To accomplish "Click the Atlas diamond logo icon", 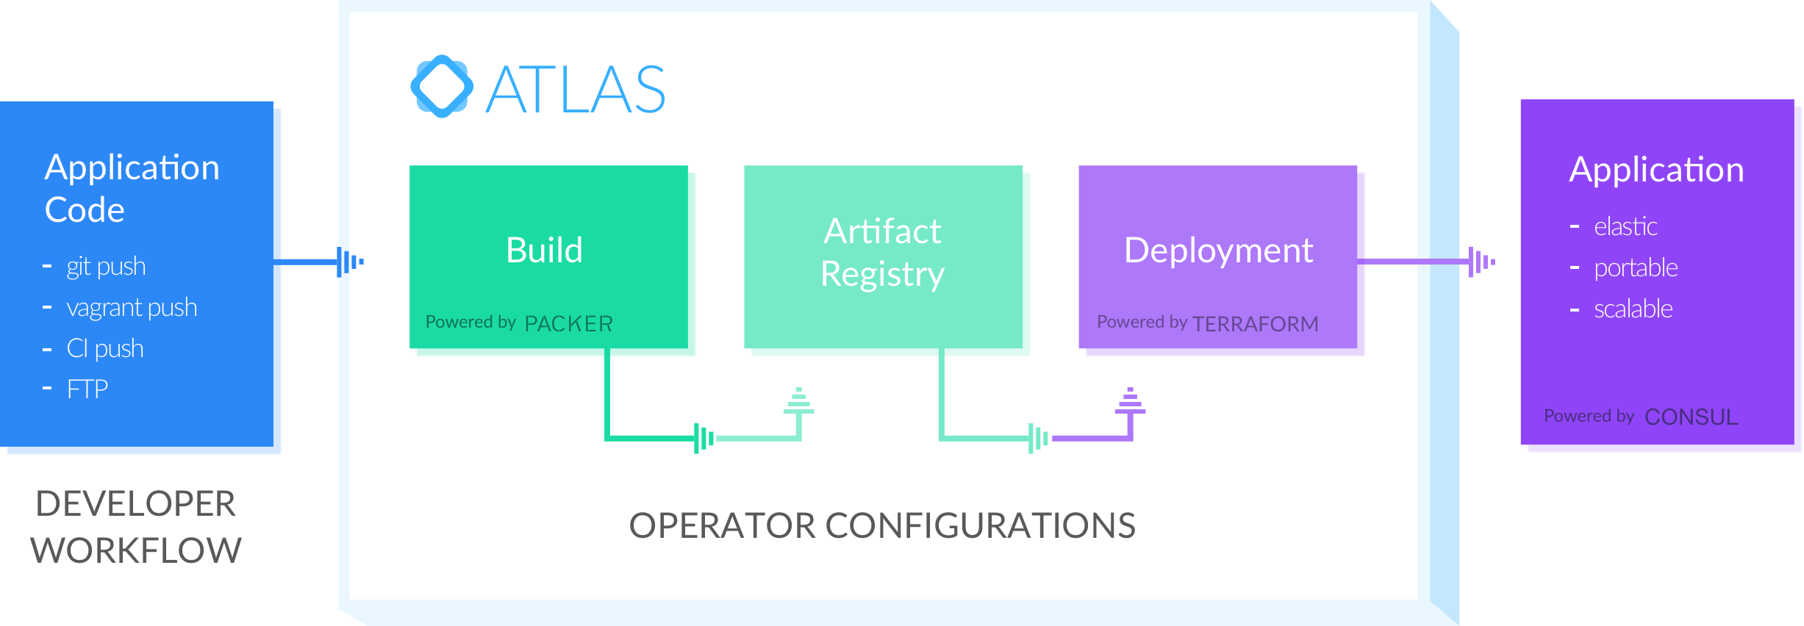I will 441,87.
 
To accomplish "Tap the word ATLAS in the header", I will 576,90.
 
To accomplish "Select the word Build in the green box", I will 544,251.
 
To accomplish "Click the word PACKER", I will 568,324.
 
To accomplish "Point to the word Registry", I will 882,275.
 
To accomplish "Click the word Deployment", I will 1218,251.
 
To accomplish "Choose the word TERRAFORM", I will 1255,324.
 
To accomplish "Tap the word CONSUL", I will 1691,417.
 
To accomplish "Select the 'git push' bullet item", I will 106,267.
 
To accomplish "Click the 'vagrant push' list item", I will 132,308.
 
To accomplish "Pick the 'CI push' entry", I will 104,348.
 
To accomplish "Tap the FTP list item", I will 87,389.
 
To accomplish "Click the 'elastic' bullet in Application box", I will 1625,227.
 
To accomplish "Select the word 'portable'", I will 1636,268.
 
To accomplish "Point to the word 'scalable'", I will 1633,309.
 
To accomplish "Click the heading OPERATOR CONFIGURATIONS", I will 882,526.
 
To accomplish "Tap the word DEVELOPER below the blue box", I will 136,504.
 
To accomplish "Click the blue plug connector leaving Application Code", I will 349,262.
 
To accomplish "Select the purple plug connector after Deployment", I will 1480,262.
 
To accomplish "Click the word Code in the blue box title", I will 85,210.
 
